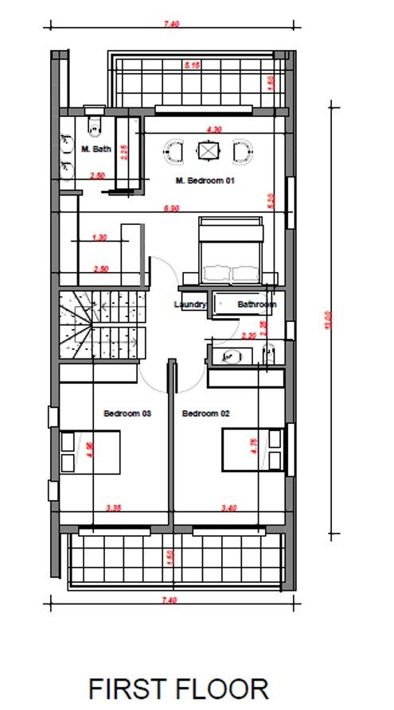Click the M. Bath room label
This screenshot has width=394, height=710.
click(x=96, y=149)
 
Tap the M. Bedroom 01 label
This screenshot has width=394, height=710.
click(x=205, y=180)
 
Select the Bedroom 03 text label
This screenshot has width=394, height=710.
click(x=127, y=413)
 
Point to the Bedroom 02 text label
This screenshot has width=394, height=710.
click(x=205, y=413)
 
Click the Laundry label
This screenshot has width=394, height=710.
click(x=190, y=304)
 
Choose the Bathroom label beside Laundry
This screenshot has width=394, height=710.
click(x=256, y=304)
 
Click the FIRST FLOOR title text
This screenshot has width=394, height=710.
click(x=178, y=688)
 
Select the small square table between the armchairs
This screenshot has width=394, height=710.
click(x=209, y=149)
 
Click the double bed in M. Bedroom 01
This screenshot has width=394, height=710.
click(x=231, y=252)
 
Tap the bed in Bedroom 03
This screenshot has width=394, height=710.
click(x=90, y=451)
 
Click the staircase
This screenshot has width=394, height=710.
click(x=103, y=326)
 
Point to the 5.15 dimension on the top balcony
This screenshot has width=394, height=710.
click(x=191, y=65)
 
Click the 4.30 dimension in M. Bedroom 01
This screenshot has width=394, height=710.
click(x=213, y=128)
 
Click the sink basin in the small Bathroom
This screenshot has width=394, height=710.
click(x=232, y=357)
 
